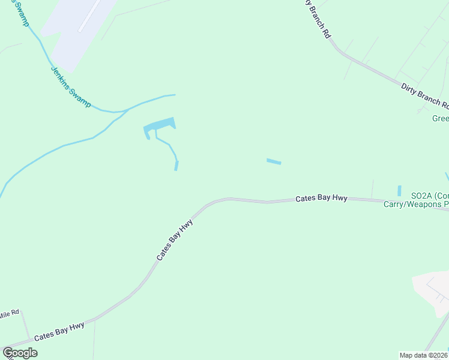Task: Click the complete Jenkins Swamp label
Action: [70, 86]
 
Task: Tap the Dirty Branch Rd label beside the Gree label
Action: [424, 95]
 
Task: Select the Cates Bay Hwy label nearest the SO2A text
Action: [321, 198]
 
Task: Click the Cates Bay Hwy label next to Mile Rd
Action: [59, 332]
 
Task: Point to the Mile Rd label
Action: [10, 314]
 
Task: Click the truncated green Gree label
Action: [441, 118]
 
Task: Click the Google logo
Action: [20, 353]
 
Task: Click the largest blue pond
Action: [159, 125]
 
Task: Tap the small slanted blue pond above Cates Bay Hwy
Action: [274, 161]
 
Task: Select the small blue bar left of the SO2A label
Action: [399, 190]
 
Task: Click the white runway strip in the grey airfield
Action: [89, 16]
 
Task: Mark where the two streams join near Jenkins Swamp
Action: [124, 111]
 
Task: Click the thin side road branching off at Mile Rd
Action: [26, 328]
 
